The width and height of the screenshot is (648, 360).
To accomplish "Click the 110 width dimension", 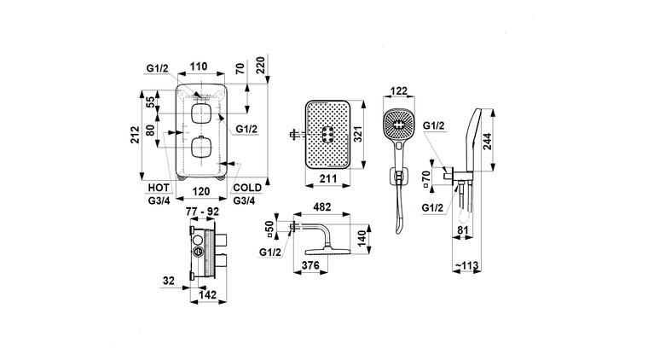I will coord(199,66).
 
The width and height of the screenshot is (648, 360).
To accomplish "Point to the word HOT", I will coord(159,187).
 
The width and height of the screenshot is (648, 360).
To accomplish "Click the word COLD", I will coord(246,187).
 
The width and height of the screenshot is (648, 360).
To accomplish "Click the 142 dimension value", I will coord(207,295).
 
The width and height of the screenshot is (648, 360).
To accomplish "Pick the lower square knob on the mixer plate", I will coord(201,147).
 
